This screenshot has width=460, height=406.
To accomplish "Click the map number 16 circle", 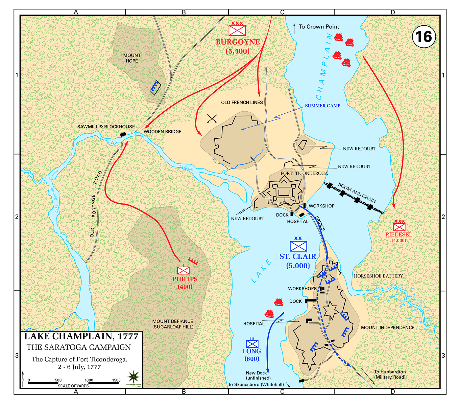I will coord(424,37).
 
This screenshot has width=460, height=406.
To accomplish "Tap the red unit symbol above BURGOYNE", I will coord(237,30).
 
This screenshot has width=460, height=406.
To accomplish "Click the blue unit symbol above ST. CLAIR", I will coord(298,246).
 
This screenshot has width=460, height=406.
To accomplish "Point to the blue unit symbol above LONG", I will coord(252,343).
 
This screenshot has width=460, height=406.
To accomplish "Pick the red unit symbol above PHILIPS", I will coord(184,270).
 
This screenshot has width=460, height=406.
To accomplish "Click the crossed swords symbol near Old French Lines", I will coord(212,119).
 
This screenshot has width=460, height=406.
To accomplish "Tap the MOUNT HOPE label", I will coord(132,58).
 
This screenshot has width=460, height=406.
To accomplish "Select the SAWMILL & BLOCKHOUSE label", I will coord(106,127).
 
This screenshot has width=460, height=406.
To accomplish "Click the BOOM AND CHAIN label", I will coord(357,193).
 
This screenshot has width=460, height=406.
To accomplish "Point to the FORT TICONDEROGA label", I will coord(304,173).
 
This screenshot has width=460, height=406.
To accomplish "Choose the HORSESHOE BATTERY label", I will coord(378,276).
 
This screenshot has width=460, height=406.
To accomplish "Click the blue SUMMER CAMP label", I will coord(322,106).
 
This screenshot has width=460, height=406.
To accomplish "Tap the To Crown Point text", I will coord(319,26).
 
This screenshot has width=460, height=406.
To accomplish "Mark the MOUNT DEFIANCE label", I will coord(173,324).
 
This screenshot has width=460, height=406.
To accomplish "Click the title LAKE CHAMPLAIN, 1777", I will coord(81,336).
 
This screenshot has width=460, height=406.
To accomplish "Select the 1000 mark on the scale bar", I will coord(89,380).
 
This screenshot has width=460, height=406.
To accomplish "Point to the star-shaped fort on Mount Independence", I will coord(330,310).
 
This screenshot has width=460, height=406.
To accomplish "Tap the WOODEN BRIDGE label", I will coord(163,132).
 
